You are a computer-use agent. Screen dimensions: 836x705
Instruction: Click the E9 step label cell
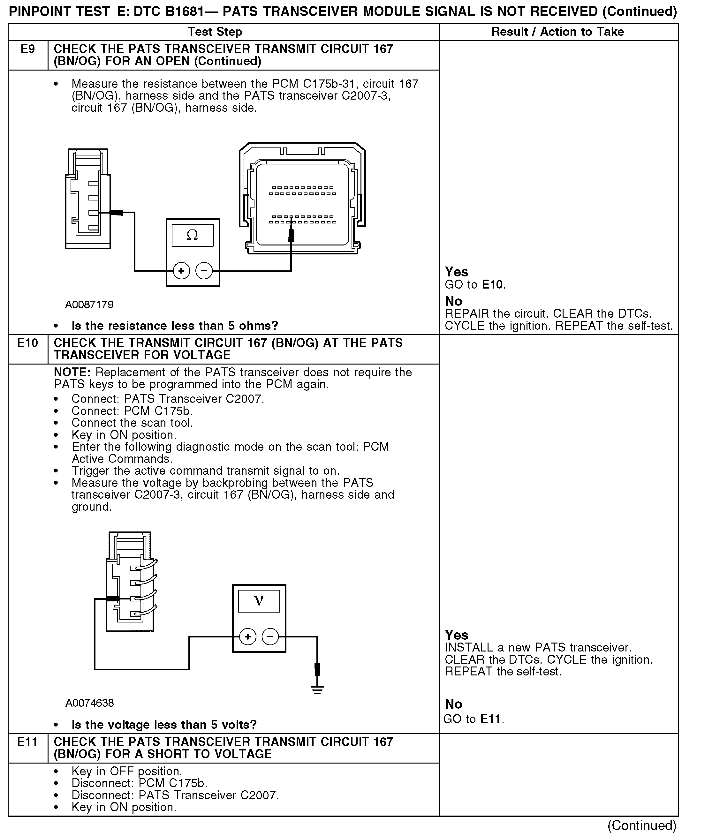click(27, 49)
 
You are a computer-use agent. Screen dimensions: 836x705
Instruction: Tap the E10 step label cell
click(27, 343)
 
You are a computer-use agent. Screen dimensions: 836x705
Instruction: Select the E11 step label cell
click(27, 742)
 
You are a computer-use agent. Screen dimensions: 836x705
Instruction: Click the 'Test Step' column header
click(215, 32)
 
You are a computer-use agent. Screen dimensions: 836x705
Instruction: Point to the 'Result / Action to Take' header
click(557, 32)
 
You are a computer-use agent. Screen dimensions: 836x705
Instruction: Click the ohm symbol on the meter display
click(192, 235)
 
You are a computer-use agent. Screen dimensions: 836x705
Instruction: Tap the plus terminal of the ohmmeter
click(181, 271)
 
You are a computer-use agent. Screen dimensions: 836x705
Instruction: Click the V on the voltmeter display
click(259, 601)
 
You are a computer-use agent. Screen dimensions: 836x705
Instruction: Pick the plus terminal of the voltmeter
click(248, 636)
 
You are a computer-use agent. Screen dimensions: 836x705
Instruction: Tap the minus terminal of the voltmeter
click(270, 636)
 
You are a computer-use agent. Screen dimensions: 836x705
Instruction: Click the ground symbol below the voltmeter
click(317, 690)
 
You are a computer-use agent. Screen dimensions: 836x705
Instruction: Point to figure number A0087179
click(89, 305)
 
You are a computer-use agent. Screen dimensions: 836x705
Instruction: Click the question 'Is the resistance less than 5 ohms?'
click(175, 326)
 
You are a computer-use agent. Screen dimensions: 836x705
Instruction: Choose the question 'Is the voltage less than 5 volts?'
click(164, 725)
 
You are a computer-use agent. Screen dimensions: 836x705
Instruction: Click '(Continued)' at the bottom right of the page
click(642, 825)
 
